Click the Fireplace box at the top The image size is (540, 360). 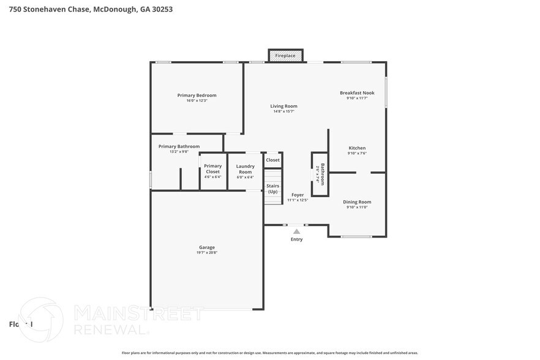coord(285,56)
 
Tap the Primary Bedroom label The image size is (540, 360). coord(197,95)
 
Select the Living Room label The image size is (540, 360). coord(283,106)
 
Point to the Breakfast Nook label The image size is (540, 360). coord(357,92)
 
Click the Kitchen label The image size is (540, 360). coord(357,148)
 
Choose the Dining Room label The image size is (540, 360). coord(357,201)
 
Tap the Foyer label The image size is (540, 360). coord(298,195)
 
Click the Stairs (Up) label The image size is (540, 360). coord(272,189)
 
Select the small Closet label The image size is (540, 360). coord(272,160)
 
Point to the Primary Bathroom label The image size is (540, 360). coord(179,146)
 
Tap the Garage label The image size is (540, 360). coord(206,247)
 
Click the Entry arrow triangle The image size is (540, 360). coord(296,231)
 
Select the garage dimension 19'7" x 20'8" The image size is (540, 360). coord(206,252)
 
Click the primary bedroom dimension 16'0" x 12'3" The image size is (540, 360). coord(197,100)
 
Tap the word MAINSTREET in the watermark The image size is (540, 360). coord(138,314)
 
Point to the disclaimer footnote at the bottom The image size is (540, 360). coord(269,353)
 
